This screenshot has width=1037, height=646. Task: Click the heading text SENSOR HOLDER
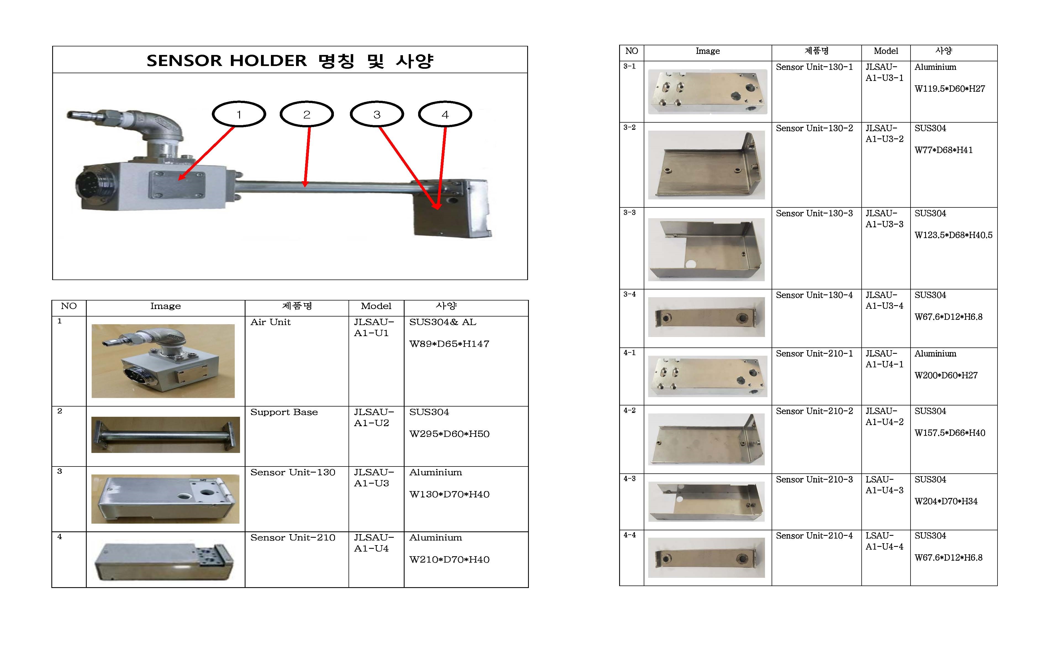[227, 61]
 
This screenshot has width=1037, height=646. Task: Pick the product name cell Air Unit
[270, 322]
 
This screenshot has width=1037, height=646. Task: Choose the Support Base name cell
[284, 412]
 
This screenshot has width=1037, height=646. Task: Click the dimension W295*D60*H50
[449, 434]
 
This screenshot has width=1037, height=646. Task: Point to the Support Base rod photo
[166, 435]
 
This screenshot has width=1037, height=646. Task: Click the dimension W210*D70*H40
[449, 560]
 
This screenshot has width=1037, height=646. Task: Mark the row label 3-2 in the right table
[630, 127]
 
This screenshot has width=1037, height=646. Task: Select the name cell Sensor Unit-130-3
[814, 213]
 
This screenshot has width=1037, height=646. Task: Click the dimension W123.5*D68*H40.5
[953, 235]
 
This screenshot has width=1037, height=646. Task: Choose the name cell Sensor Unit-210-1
[814, 353]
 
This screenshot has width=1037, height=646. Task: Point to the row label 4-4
[630, 535]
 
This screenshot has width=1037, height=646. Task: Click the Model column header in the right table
[886, 51]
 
